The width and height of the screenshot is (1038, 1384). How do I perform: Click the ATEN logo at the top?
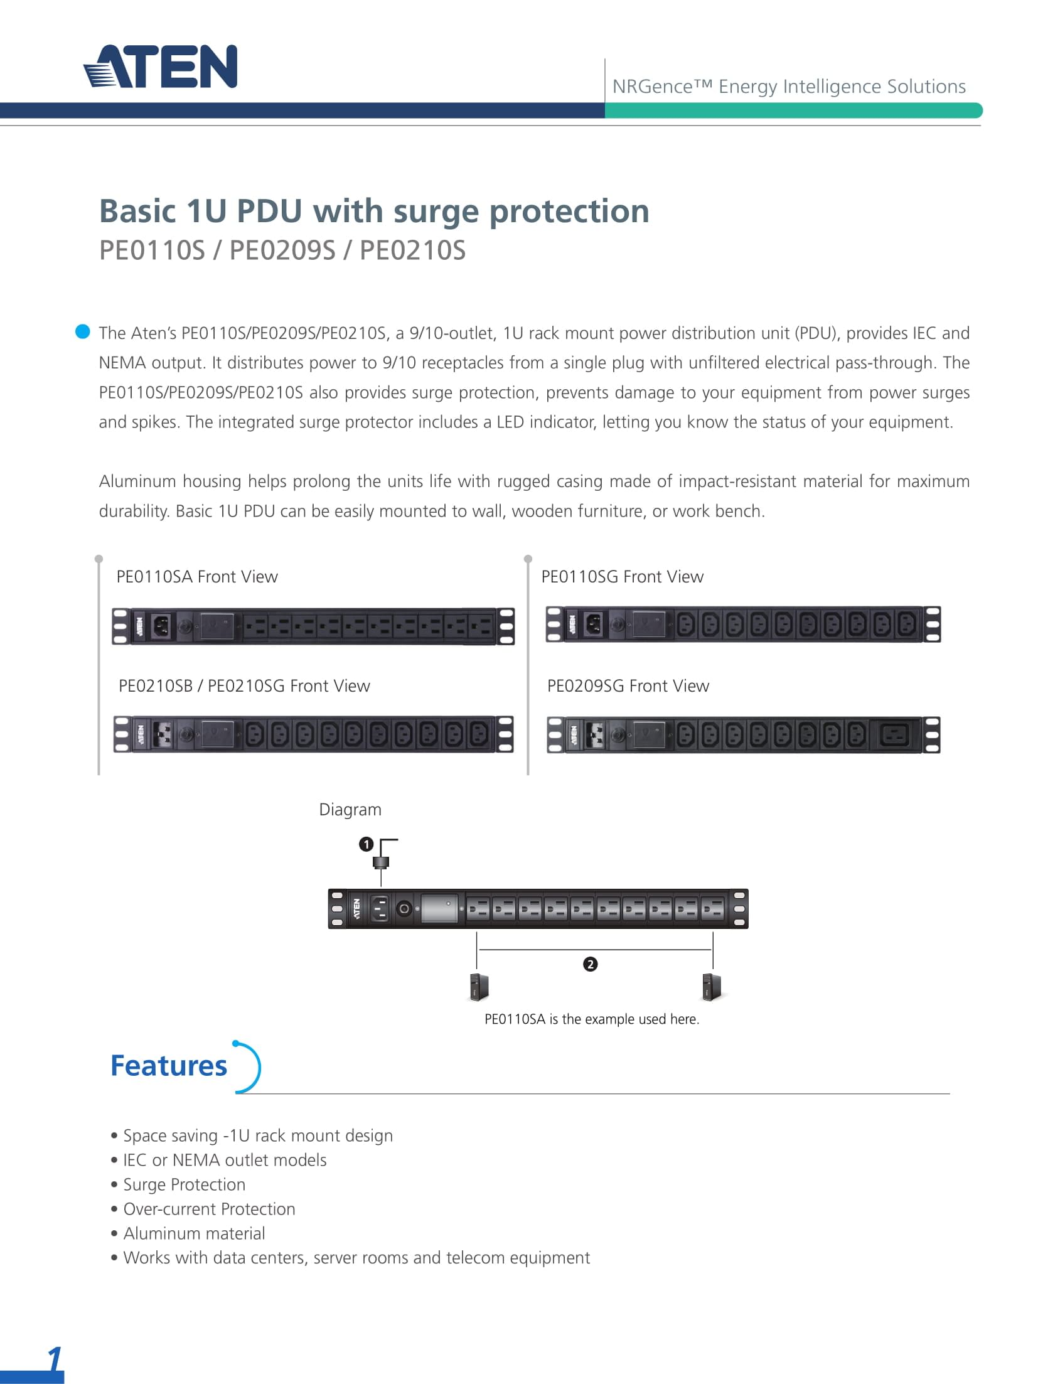161,66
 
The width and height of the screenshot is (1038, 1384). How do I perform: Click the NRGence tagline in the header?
788,87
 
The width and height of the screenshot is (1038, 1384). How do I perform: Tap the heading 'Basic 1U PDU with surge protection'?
374,211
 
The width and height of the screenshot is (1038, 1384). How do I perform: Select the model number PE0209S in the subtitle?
282,250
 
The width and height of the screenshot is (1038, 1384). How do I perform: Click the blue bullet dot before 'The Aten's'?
83,331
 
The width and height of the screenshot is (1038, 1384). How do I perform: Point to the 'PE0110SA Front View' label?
197,577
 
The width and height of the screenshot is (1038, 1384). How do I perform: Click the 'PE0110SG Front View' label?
622,577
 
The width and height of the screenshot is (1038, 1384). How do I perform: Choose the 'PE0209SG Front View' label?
628,686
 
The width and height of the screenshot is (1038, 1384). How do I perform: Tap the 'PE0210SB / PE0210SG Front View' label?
244,686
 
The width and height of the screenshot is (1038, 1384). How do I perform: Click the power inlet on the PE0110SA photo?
161,625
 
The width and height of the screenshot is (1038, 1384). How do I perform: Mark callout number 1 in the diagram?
366,844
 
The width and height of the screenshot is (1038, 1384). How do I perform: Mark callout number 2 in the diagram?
590,964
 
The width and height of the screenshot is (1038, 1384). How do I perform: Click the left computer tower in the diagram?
479,987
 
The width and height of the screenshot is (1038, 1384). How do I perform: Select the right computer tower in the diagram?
712,987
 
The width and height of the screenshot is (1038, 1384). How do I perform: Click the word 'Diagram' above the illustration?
350,810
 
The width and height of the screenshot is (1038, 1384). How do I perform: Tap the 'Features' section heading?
169,1066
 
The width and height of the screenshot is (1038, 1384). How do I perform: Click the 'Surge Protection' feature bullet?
184,1184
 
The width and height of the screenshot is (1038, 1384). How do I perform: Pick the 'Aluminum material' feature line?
194,1233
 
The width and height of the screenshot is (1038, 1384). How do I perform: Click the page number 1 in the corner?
55,1360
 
